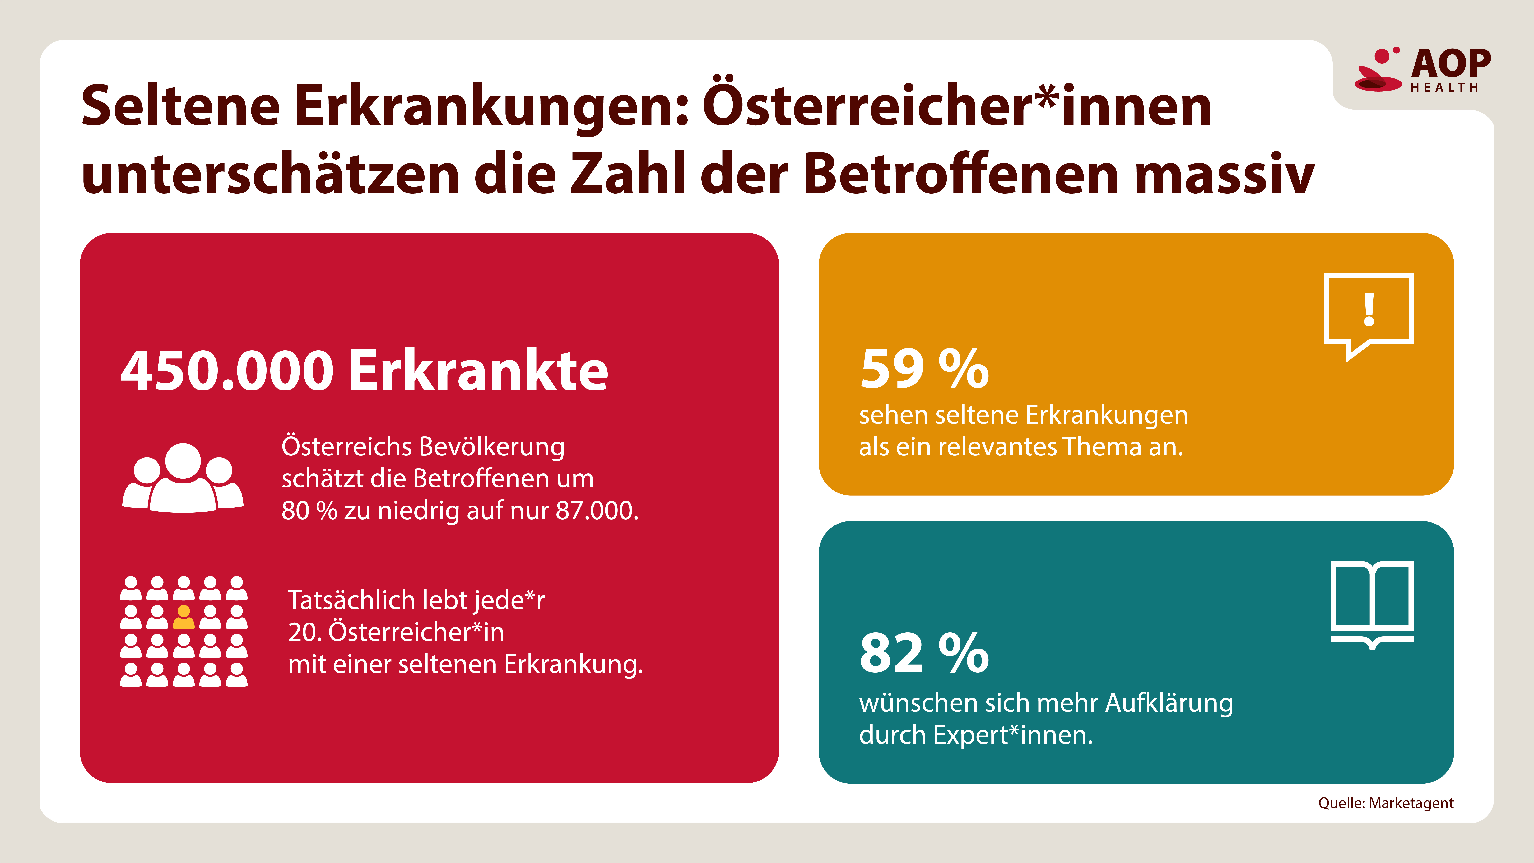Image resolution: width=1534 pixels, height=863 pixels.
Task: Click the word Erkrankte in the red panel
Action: click(x=478, y=371)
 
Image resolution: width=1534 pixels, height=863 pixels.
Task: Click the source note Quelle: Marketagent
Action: click(x=1386, y=803)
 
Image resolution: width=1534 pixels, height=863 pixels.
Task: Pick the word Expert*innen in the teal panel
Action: click(x=1013, y=735)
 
